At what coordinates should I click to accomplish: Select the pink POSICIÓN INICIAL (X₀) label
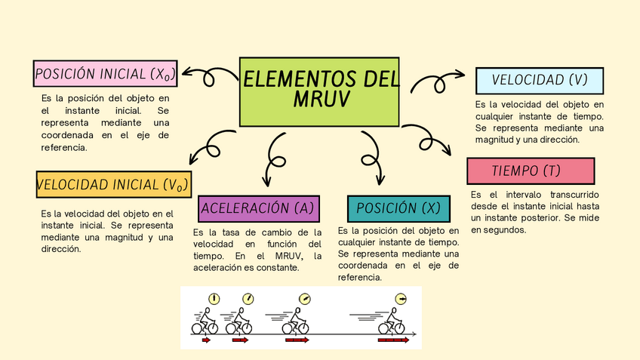pyautogui.click(x=106, y=74)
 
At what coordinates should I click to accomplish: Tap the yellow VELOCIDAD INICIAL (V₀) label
pyautogui.click(x=113, y=184)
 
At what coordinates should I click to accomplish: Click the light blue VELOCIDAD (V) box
pyautogui.click(x=539, y=80)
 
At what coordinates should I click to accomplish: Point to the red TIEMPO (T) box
pyautogui.click(x=531, y=171)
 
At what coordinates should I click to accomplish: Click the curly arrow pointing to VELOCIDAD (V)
pyautogui.click(x=437, y=82)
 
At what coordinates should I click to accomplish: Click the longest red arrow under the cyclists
pyautogui.click(x=393, y=340)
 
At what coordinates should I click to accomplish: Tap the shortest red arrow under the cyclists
pyautogui.click(x=206, y=340)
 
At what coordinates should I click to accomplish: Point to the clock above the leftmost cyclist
pyautogui.click(x=214, y=299)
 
